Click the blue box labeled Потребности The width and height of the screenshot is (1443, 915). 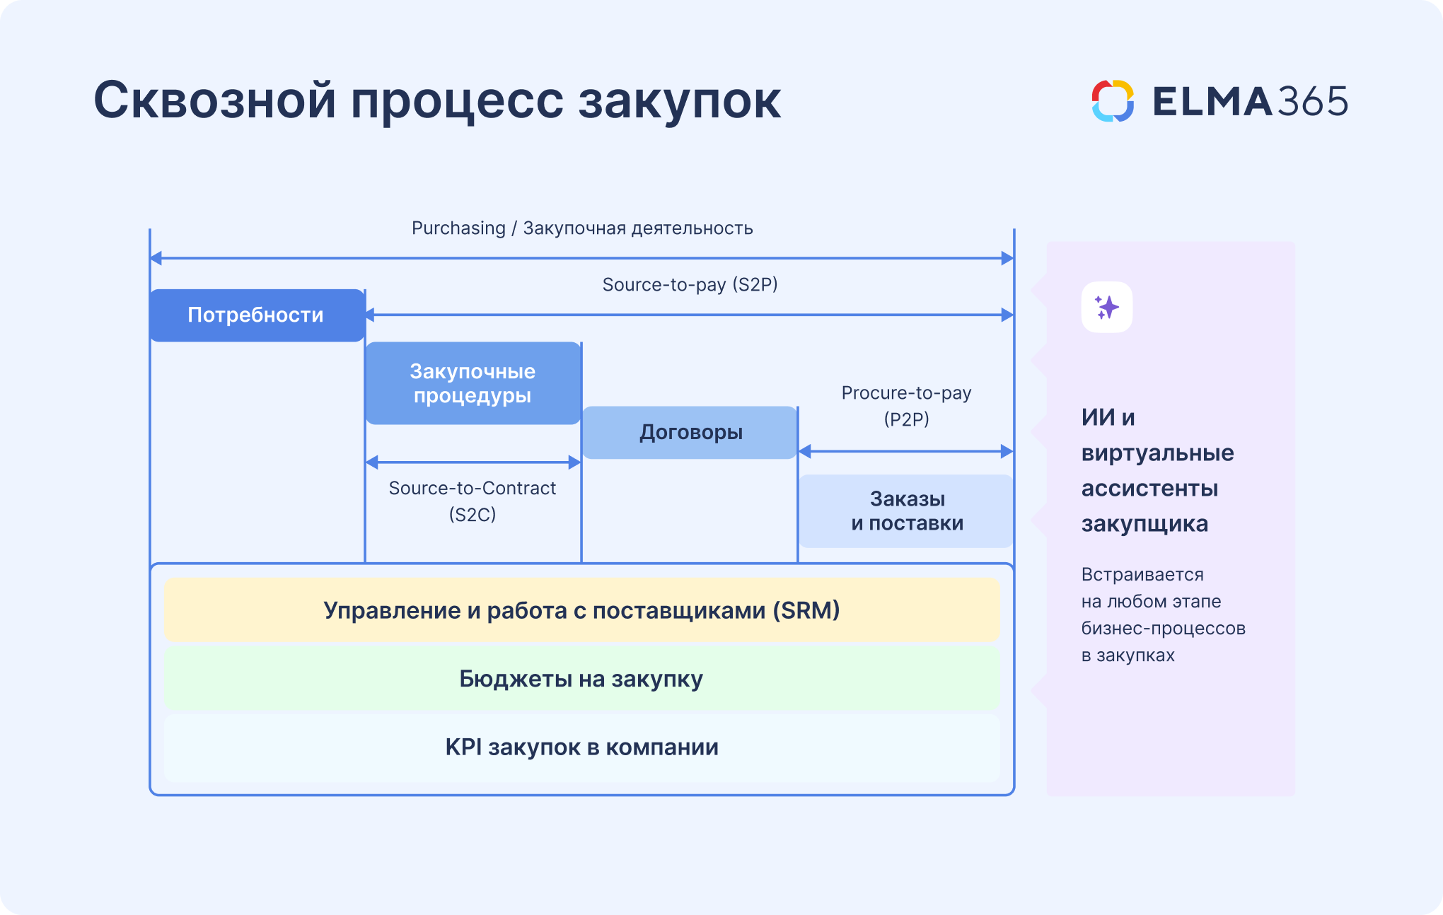(x=257, y=315)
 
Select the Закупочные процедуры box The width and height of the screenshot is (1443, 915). (x=473, y=383)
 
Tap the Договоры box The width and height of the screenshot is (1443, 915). (x=690, y=432)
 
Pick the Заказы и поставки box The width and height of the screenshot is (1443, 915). (x=906, y=511)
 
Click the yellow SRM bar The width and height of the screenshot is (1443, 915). (x=581, y=610)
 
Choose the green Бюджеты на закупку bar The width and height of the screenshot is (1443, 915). (x=581, y=679)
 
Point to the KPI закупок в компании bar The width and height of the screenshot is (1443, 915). (x=581, y=747)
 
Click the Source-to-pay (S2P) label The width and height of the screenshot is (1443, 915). (x=690, y=285)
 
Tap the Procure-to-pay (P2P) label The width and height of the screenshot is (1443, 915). (x=906, y=405)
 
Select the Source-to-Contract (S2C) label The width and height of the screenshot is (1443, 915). (x=473, y=501)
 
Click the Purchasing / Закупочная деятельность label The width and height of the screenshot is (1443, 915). (x=581, y=228)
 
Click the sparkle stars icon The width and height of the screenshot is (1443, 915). (x=1106, y=308)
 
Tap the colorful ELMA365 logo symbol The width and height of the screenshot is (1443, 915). (x=1113, y=101)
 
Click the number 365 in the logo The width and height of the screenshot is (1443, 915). (x=1312, y=102)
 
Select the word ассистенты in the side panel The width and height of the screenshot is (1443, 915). (x=1149, y=489)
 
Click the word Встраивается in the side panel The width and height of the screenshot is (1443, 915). (x=1142, y=575)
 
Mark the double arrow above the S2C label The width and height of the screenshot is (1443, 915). (x=473, y=462)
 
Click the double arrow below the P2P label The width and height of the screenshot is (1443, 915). (x=906, y=451)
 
